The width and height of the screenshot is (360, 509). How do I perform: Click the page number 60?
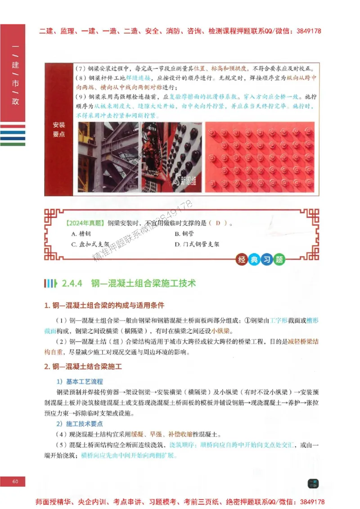point(15,482)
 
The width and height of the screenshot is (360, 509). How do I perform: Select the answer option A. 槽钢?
point(81,234)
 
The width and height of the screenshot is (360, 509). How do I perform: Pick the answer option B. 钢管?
point(184,234)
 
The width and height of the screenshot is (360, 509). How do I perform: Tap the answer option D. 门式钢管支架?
point(197,245)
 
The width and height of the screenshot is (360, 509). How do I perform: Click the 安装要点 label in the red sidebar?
point(59,129)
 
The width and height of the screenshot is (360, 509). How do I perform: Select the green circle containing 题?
point(279,260)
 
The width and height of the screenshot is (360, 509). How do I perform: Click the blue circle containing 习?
point(267,260)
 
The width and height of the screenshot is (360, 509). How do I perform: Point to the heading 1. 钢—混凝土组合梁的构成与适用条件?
point(104,306)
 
